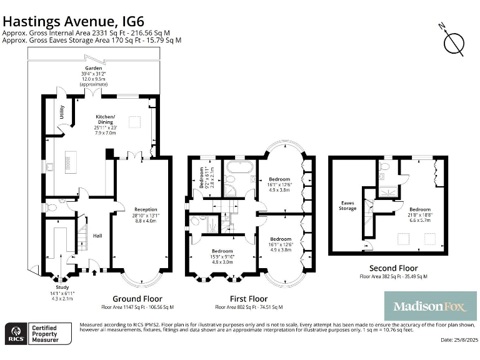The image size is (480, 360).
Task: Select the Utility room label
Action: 61,112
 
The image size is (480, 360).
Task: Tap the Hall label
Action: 97,236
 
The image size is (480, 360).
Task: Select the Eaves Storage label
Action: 348,205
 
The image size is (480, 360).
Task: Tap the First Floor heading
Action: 248,299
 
